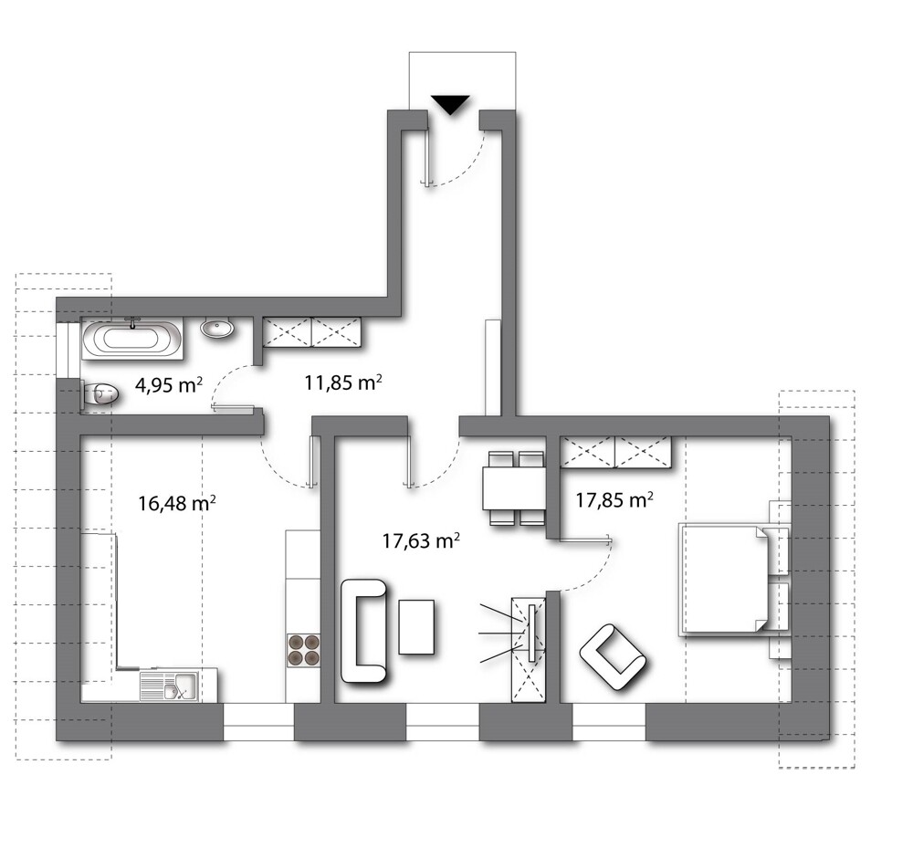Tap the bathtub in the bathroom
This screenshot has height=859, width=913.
(132, 339)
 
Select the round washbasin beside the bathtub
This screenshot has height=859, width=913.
(218, 329)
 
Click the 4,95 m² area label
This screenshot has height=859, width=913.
(169, 385)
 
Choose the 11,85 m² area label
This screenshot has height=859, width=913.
(343, 382)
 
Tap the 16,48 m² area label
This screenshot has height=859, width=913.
(177, 503)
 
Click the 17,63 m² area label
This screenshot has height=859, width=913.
(421, 541)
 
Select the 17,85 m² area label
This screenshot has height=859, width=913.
(614, 499)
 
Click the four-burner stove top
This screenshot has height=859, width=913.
(304, 650)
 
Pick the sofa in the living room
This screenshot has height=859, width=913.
(362, 631)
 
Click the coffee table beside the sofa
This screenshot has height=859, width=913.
(416, 626)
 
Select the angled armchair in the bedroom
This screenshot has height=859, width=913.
(614, 657)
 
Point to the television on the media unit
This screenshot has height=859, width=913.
(531, 633)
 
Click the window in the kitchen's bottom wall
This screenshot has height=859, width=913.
(258, 723)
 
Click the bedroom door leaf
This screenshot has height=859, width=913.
(585, 539)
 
